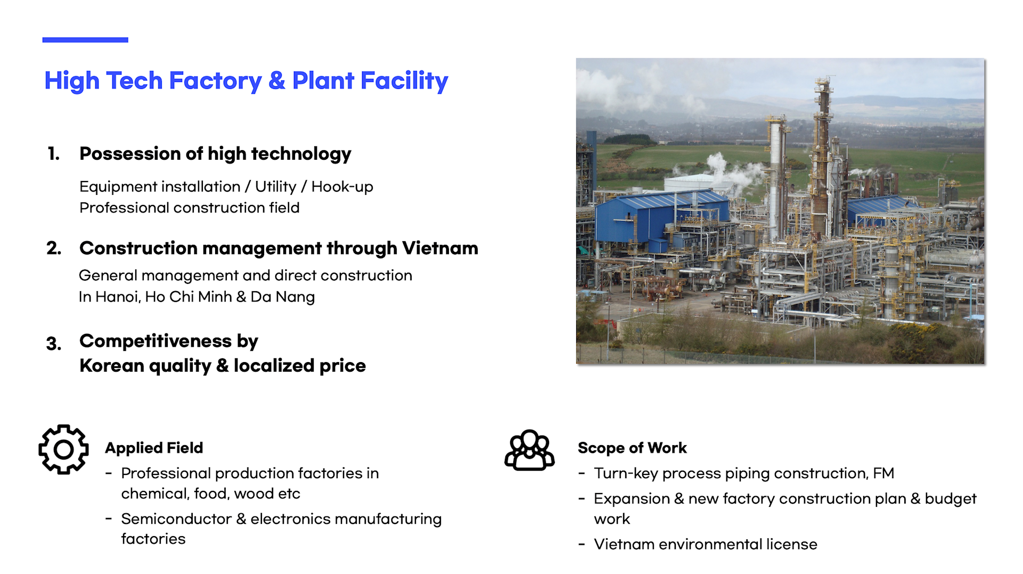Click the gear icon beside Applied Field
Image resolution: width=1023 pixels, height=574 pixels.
pos(63,449)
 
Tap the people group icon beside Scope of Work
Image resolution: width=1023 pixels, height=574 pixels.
pos(529,450)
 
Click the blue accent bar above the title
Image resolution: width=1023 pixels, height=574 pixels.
pos(85,40)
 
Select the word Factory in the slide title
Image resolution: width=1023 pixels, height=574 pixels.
pos(215,81)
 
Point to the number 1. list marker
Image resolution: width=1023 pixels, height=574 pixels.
pos(54,154)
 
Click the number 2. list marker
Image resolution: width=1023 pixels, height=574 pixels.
pos(54,248)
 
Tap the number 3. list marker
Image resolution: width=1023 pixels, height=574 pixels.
pos(54,343)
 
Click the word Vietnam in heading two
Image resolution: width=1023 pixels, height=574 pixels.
pos(440,248)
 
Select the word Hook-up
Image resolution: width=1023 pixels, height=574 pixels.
pos(342,187)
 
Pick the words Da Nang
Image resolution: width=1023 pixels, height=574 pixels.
pos(283,297)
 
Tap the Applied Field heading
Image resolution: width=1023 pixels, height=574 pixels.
pos(154,448)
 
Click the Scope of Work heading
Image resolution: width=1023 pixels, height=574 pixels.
pos(632,448)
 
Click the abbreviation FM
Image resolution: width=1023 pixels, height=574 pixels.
pos(883,473)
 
